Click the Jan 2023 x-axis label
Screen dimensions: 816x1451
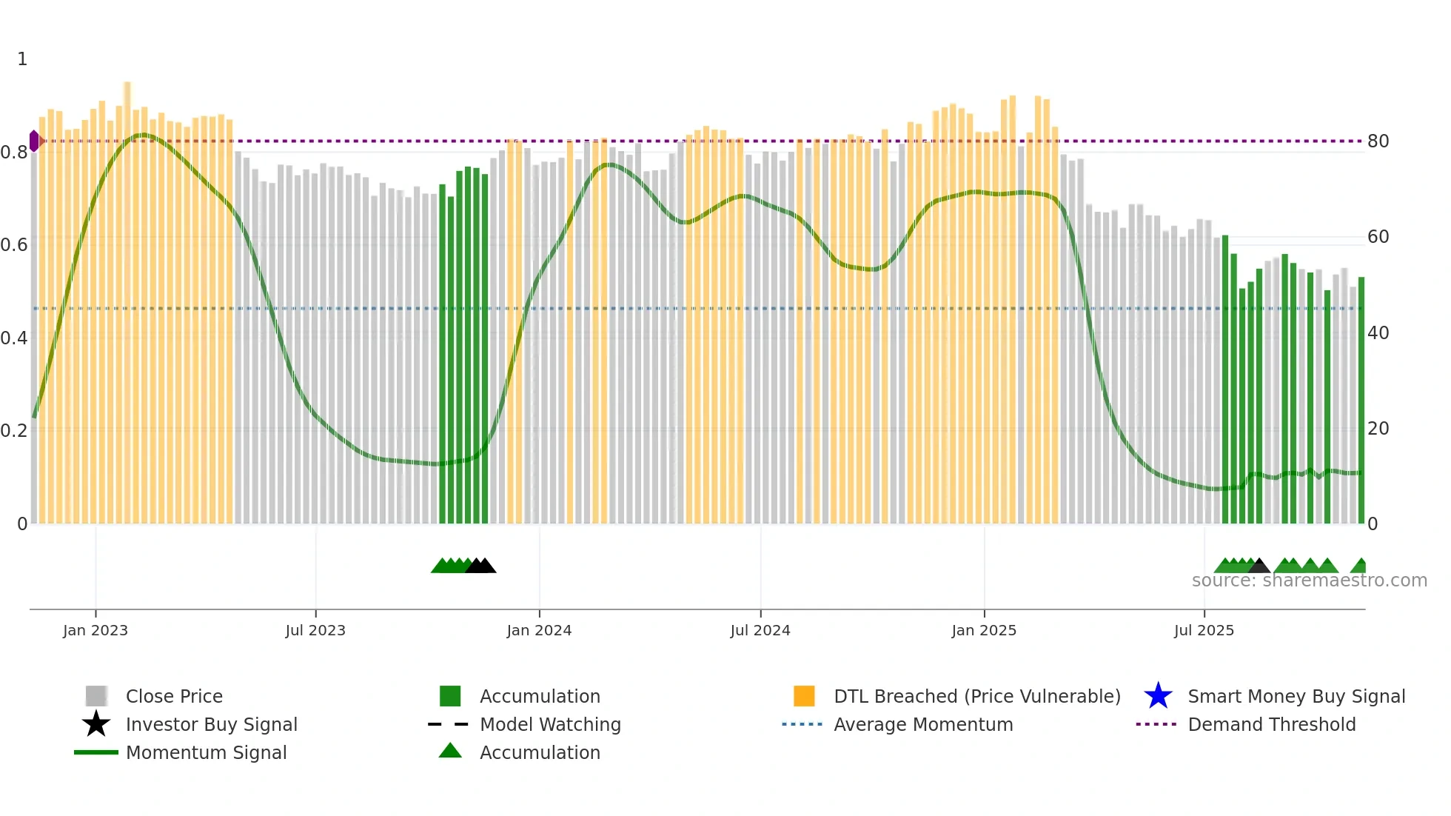[95, 630]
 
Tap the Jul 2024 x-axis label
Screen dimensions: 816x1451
[760, 630]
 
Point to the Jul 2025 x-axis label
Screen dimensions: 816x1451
[1204, 630]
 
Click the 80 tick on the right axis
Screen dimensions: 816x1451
[1378, 141]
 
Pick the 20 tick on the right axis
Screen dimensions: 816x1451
[1378, 429]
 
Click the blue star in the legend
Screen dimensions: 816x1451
[1158, 696]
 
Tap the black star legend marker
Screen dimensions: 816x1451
[96, 724]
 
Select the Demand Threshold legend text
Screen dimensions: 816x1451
[1271, 724]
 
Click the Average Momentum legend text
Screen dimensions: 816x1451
[923, 724]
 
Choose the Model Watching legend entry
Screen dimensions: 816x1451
[550, 724]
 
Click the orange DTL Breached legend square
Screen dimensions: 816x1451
[804, 696]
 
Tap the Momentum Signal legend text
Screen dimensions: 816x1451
[206, 752]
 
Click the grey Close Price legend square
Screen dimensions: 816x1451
[96, 696]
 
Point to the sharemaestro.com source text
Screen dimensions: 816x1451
[1309, 581]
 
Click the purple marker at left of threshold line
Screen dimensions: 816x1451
[34, 141]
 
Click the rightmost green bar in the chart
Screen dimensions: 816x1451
[1361, 400]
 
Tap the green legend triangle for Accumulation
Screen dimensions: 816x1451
[450, 751]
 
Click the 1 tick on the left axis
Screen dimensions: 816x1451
[22, 59]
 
